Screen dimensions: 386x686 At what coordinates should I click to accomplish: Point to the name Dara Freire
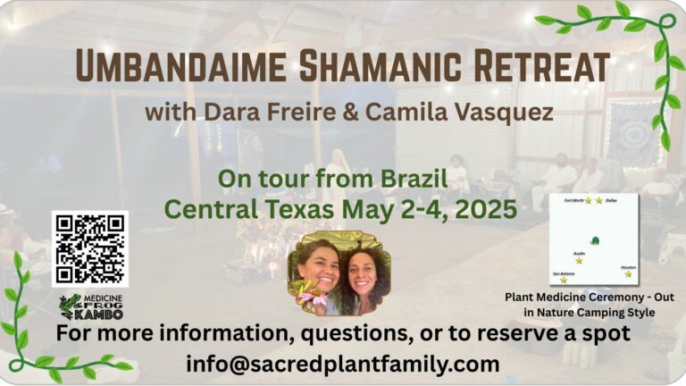(252, 113)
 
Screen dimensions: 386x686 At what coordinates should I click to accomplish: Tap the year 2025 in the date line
(484, 211)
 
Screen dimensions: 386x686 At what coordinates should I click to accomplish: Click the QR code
(89, 248)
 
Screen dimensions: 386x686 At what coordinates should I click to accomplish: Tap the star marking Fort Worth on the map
(589, 201)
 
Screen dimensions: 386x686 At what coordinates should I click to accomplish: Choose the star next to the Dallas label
(599, 201)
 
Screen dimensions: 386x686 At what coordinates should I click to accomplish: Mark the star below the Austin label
(579, 260)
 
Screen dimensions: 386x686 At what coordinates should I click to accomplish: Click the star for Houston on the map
(628, 273)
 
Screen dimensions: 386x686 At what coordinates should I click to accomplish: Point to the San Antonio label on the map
(564, 273)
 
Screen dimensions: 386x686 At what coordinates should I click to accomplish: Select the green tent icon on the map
(595, 239)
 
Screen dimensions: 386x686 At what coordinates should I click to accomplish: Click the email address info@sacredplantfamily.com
(343, 364)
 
